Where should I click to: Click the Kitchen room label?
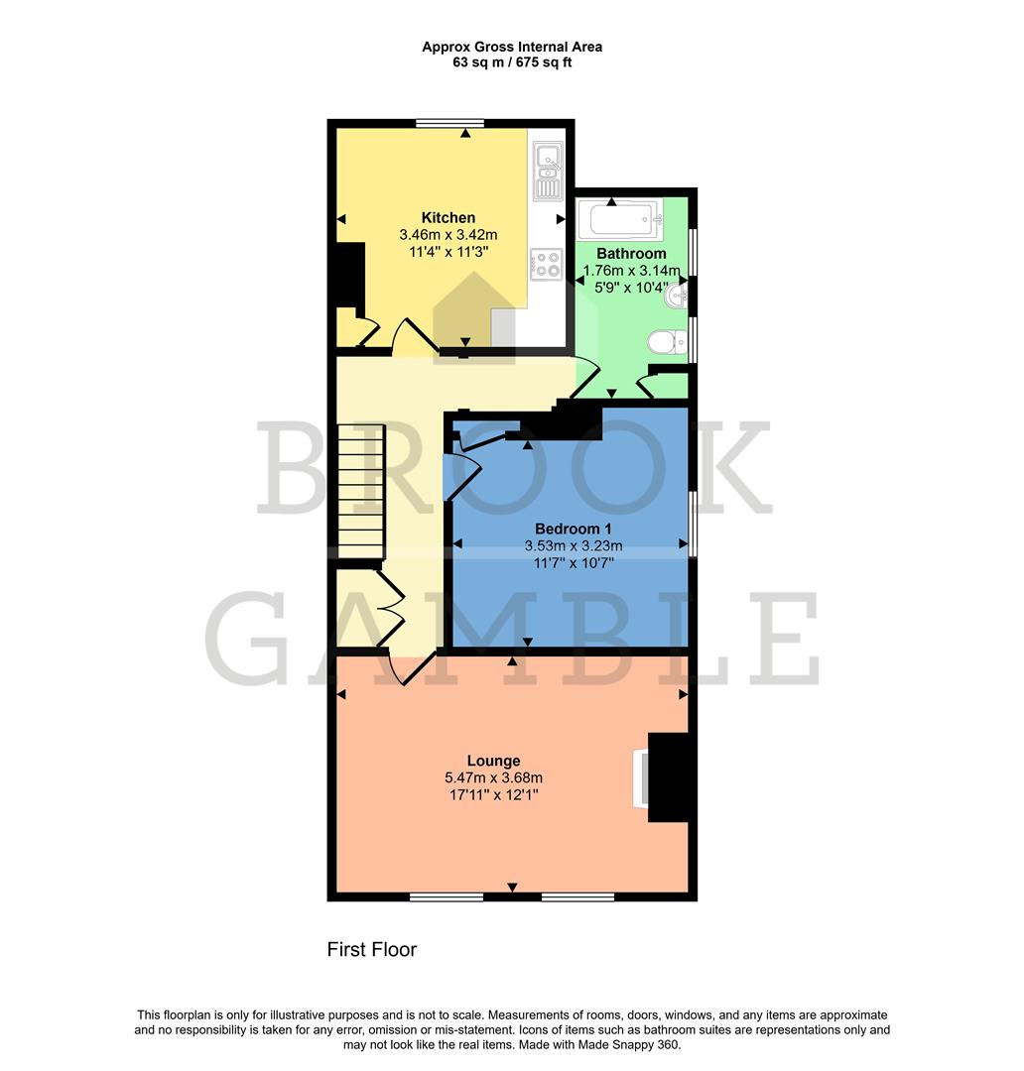click(448, 218)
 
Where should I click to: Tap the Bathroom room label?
click(631, 254)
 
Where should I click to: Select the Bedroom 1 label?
click(573, 528)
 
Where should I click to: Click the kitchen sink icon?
click(547, 171)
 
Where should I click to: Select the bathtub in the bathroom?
click(619, 216)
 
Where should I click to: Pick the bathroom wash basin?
click(679, 295)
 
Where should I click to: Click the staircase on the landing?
click(360, 492)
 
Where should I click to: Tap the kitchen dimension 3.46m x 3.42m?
click(448, 235)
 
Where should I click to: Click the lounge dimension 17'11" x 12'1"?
click(496, 795)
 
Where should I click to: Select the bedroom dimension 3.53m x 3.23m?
click(573, 545)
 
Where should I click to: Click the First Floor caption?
click(372, 950)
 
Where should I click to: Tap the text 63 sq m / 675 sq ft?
click(511, 62)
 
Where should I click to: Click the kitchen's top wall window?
click(449, 123)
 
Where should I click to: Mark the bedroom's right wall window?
click(692, 523)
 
